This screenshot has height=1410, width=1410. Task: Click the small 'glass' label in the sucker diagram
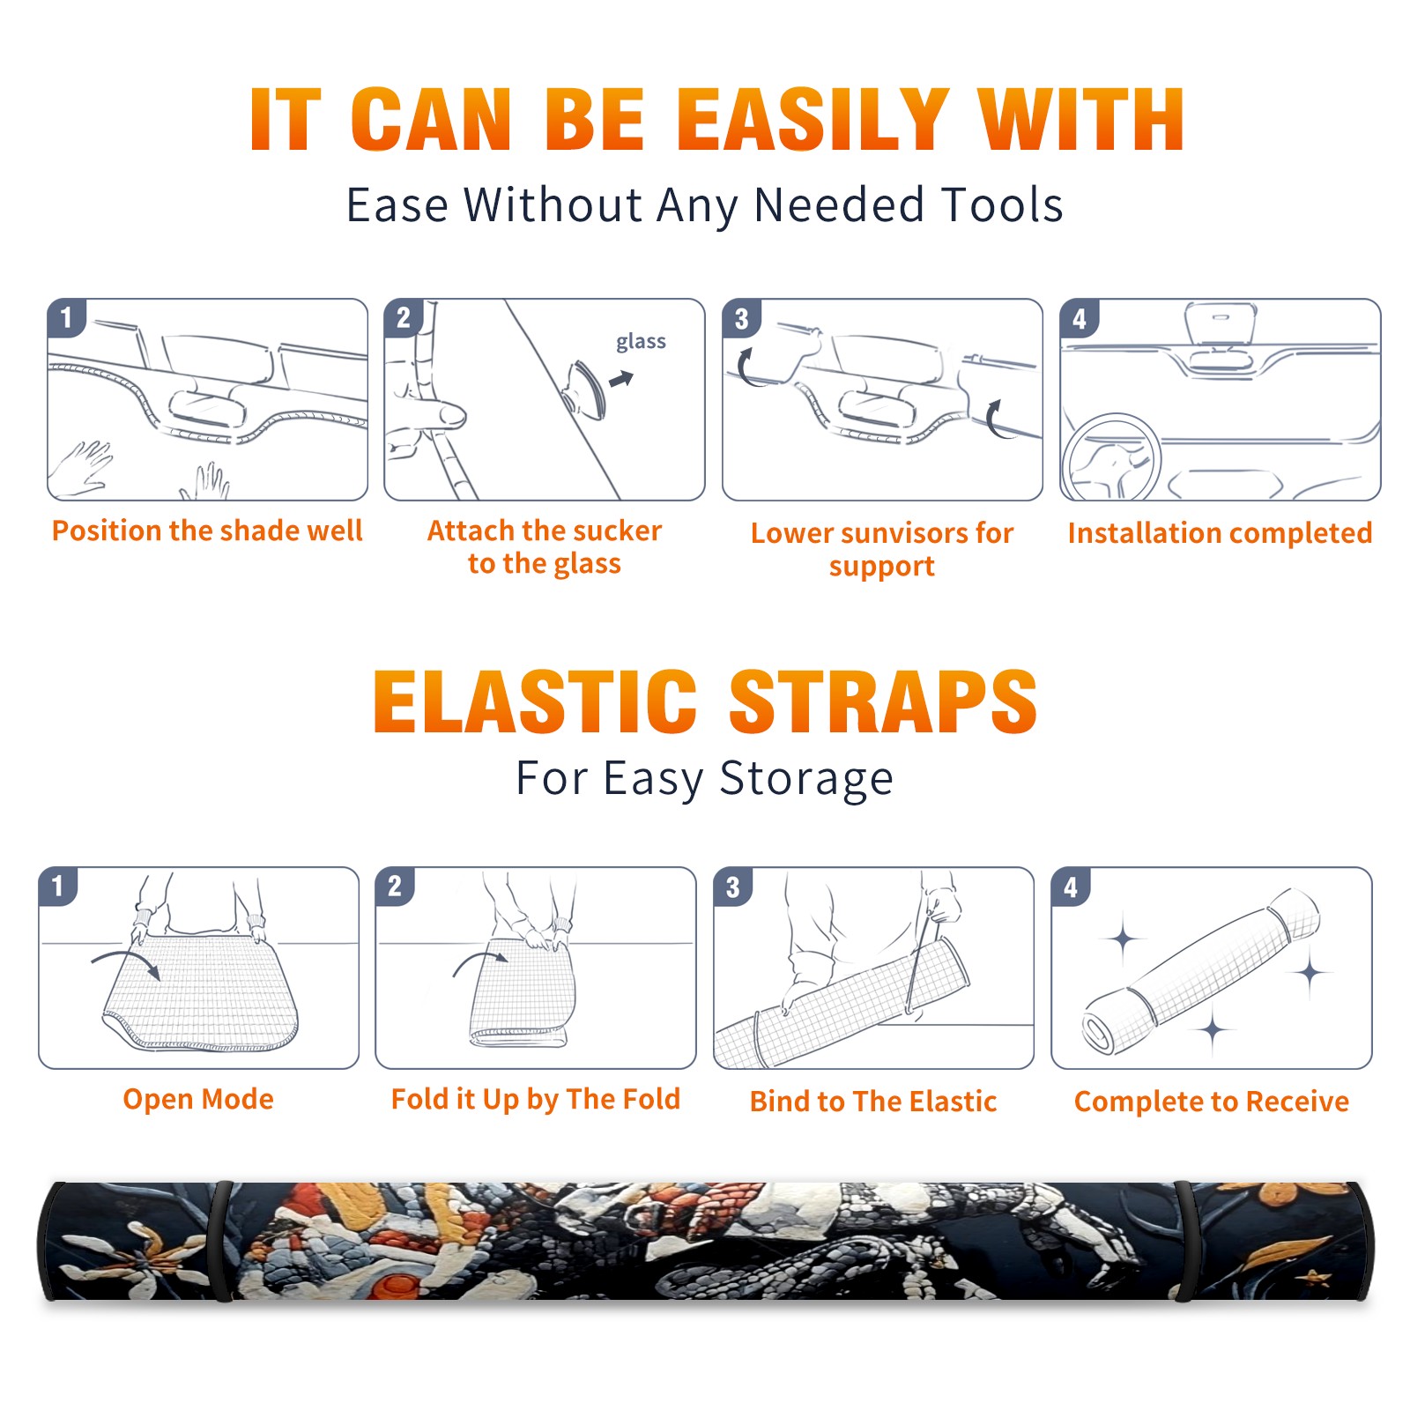(x=641, y=342)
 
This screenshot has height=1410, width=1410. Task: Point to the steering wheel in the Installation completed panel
(x=1111, y=457)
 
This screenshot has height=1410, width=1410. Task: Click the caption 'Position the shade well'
(x=207, y=531)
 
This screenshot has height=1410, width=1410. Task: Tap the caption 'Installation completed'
(x=1220, y=533)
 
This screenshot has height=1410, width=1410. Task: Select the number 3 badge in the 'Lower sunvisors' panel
(x=741, y=318)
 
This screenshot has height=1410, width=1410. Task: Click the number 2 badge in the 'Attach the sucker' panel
(x=404, y=317)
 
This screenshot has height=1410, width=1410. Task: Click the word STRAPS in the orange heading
(x=884, y=701)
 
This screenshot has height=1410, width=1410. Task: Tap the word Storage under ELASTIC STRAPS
(x=806, y=779)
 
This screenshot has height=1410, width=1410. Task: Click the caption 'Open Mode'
(x=198, y=1099)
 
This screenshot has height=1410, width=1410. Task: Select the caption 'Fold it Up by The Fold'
(x=536, y=1099)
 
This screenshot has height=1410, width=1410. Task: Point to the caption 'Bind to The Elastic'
(x=873, y=1102)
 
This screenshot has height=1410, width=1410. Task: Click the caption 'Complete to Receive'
(x=1212, y=1102)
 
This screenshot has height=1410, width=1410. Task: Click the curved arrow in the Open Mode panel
(x=126, y=957)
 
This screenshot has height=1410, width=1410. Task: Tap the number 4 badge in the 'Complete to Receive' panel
(x=1071, y=887)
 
